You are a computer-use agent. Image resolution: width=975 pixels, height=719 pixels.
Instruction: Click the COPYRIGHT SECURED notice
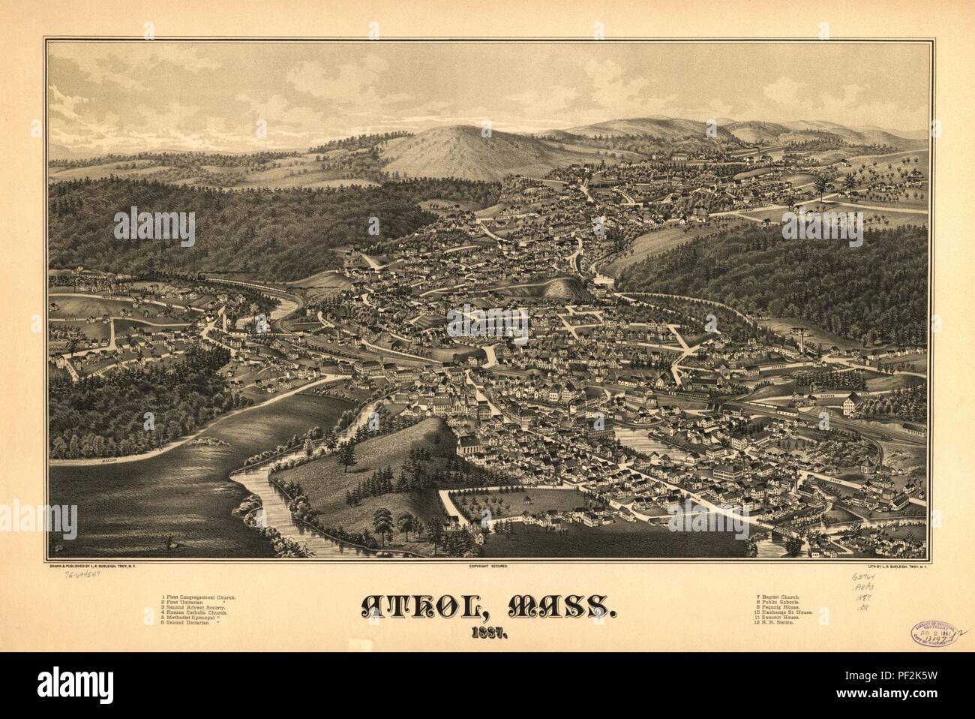pos(487,567)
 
